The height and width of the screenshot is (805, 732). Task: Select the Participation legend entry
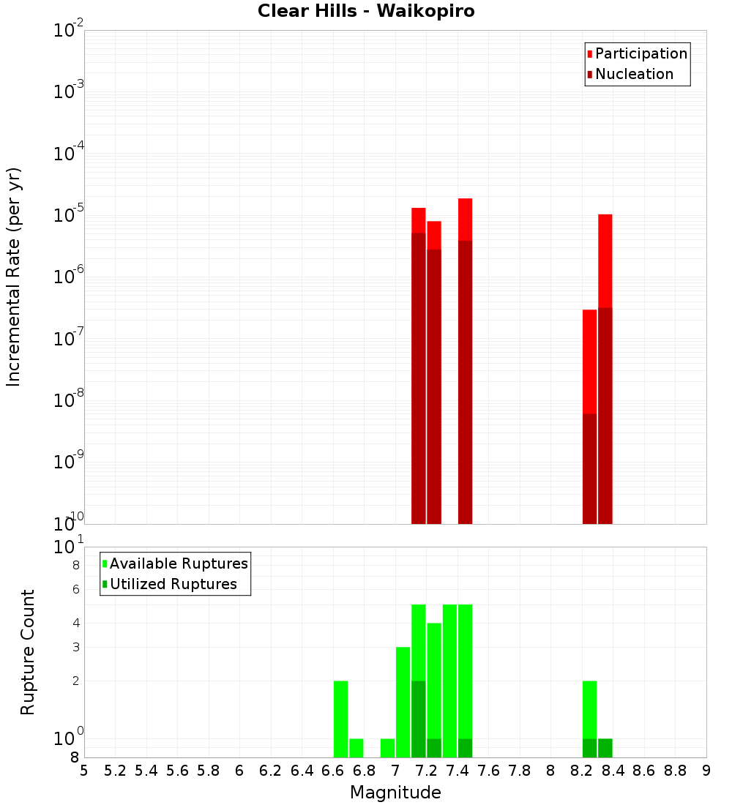coord(640,53)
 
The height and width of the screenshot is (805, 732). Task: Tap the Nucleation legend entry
coord(634,74)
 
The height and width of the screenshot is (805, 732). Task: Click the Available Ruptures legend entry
coord(178,563)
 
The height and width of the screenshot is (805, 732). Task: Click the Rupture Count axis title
coord(28,651)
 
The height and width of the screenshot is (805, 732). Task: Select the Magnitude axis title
coord(395,793)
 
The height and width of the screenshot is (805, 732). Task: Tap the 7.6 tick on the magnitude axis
coord(488,771)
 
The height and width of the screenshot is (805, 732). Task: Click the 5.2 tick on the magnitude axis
coord(115,771)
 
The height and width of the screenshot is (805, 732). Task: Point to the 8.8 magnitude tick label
coord(675,771)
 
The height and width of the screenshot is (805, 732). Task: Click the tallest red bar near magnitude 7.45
coord(465,220)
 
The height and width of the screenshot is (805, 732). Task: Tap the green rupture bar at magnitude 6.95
coord(387,748)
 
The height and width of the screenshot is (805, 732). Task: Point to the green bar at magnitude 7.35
coord(449,681)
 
